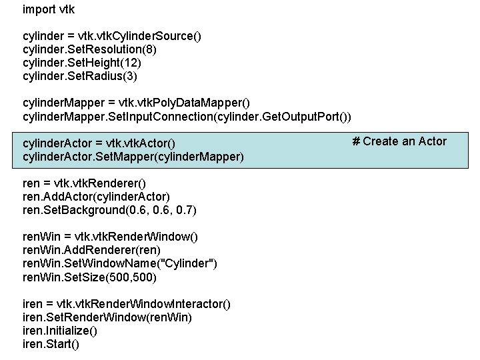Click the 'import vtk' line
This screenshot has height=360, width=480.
[49, 9]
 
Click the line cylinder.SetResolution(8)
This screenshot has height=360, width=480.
[90, 49]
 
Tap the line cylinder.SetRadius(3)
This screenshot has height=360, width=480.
[80, 76]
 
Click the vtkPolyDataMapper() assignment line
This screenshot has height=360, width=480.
[136, 103]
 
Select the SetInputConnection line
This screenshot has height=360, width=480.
[187, 117]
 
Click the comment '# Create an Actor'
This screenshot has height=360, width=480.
[399, 141]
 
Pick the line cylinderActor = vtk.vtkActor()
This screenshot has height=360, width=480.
[98, 143]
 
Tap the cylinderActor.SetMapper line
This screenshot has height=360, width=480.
[133, 157]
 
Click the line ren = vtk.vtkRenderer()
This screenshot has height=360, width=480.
[85, 183]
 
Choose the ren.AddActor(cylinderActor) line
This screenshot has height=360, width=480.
[97, 197]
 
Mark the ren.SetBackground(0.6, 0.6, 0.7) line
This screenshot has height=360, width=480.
[109, 210]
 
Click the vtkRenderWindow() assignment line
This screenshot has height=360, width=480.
[110, 237]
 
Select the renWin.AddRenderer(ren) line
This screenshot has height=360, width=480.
[92, 250]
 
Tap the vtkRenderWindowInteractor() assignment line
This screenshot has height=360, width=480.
[127, 304]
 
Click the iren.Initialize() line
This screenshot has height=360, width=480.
[60, 331]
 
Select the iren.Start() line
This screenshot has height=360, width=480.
[51, 344]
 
